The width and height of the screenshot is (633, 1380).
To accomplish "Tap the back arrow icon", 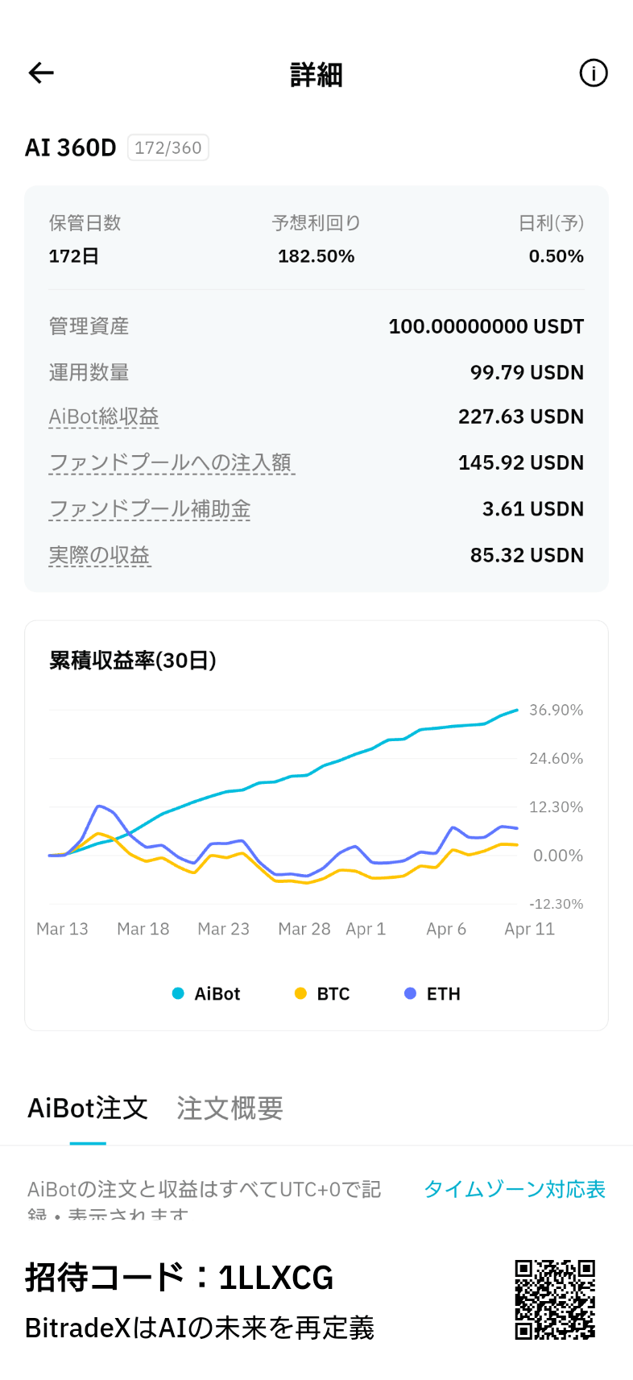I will [x=41, y=73].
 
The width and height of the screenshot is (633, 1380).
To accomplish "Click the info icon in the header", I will [x=594, y=73].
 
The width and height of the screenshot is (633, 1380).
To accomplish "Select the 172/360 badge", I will [x=168, y=148].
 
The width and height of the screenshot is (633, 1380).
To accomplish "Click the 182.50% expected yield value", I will [x=316, y=256].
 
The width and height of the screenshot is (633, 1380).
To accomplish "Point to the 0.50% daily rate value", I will [x=556, y=256].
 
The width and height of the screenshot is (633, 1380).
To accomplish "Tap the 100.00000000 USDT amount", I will [x=486, y=326].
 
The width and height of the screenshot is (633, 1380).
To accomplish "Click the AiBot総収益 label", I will [x=104, y=416].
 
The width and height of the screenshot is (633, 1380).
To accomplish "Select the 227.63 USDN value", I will [x=520, y=416].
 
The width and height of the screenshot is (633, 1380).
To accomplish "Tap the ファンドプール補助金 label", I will [x=150, y=509].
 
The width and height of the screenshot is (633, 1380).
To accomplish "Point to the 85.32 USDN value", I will [x=527, y=555].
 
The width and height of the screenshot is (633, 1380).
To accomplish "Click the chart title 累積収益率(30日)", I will [x=133, y=661].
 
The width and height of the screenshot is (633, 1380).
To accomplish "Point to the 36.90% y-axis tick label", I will [x=556, y=710].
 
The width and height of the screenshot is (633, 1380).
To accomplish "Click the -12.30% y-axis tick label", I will [x=556, y=904].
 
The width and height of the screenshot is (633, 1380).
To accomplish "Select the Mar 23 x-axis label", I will [x=223, y=929].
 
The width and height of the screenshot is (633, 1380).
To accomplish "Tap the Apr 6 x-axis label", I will [x=446, y=929].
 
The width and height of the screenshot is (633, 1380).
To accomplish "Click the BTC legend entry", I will [x=323, y=994].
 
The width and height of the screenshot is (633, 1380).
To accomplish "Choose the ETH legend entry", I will [x=432, y=994].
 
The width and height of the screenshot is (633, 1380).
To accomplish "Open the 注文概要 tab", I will [x=230, y=1109].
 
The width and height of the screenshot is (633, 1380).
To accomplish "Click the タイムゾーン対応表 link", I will [x=515, y=1189].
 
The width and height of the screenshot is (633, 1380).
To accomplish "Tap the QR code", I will [x=555, y=1299].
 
